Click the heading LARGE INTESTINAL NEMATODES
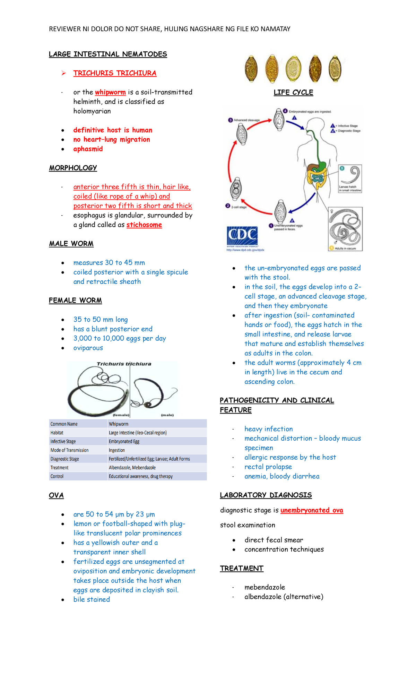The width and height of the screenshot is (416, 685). coord(108,54)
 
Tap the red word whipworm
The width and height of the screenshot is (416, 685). coord(110,92)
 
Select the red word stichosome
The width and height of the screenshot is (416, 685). coord(144,225)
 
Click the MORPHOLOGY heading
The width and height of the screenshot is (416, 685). coord(73,168)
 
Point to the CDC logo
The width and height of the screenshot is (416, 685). coord(242,236)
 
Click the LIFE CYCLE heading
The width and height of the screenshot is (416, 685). coord(293,92)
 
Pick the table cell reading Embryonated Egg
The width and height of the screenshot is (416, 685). coord(124,441)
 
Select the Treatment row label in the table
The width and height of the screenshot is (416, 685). coord(59,468)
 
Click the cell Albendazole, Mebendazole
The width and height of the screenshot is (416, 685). coord(132,468)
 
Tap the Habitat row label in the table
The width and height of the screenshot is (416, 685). coord(57,433)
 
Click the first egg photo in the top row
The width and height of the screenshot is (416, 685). coord(251,69)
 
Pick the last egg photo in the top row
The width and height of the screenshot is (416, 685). coord(335,69)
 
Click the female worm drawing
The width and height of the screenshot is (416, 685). coord(99,392)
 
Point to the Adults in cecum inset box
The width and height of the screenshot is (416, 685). coord(345,229)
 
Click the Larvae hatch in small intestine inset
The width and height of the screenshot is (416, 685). coord(350,179)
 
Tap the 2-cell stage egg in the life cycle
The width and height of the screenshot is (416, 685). coord(235,189)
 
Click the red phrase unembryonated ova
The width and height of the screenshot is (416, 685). coord(312,510)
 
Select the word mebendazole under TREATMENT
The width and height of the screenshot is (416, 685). coord(265,587)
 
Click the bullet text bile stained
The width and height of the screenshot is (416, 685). coord(92,599)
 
